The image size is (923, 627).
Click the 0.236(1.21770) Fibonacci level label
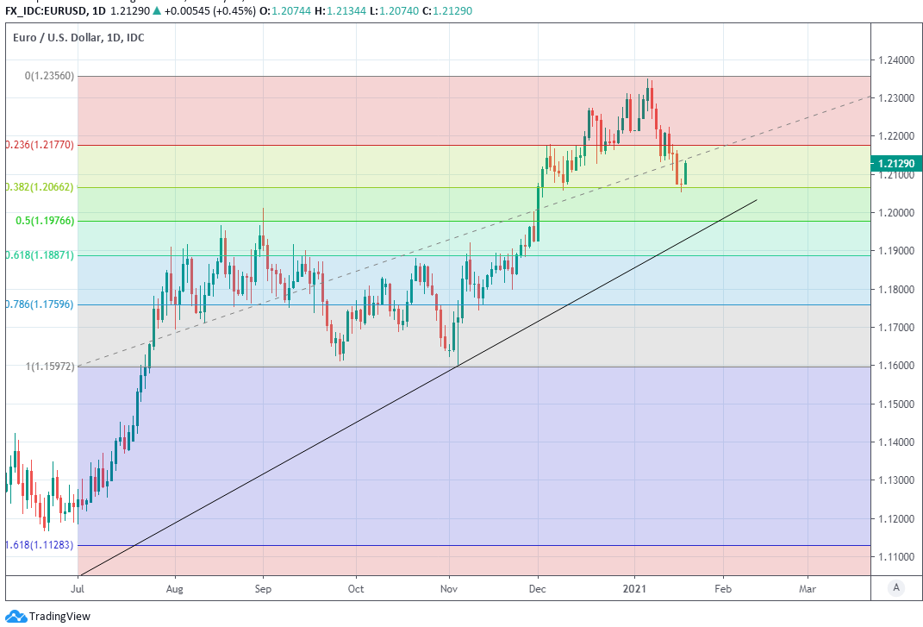click(39, 145)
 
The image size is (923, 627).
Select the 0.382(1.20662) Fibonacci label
click(39, 187)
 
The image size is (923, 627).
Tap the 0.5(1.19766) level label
click(46, 221)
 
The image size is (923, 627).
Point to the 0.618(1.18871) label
click(39, 255)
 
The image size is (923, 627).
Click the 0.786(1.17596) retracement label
click(39, 304)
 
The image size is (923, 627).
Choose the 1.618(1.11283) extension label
click(39, 545)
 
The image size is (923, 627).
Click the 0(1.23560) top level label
click(49, 76)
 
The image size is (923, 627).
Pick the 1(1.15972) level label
click(49, 367)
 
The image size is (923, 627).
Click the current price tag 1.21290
click(896, 163)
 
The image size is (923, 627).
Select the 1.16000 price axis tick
click(896, 366)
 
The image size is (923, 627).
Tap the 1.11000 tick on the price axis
click(896, 557)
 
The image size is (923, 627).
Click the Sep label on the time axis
click(263, 589)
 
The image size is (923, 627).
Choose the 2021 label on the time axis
click(635, 589)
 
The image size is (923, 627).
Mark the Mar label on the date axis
click(808, 589)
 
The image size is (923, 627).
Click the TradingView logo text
click(59, 616)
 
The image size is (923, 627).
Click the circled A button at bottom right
click(897, 587)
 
